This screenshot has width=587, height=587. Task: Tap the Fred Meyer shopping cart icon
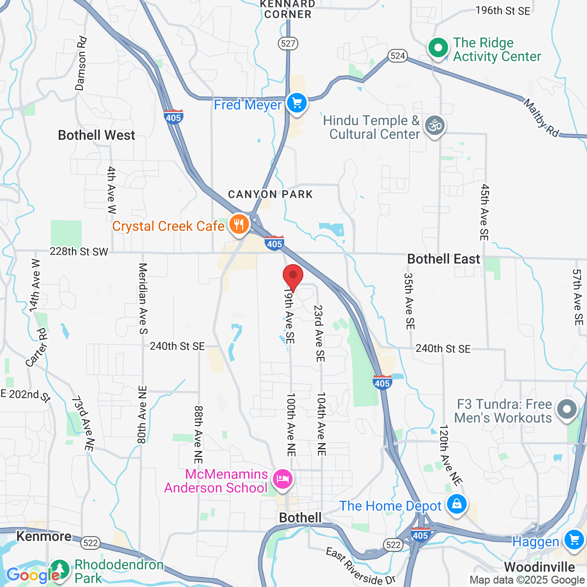(x=296, y=103)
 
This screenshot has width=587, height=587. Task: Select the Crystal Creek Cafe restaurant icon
(x=239, y=225)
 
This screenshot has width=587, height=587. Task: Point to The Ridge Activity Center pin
(x=438, y=48)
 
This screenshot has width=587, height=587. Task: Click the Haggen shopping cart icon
(x=573, y=540)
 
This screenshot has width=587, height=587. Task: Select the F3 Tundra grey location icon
(x=567, y=409)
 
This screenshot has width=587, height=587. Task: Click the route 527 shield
(x=288, y=44)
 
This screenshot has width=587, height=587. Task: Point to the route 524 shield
(x=398, y=56)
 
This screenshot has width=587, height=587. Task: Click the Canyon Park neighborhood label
(x=270, y=195)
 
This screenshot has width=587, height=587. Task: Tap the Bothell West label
(x=96, y=135)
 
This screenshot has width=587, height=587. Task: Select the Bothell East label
(x=444, y=259)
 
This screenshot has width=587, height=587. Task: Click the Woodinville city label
(x=539, y=567)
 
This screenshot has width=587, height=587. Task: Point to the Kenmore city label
(x=44, y=537)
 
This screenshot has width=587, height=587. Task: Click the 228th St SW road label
(x=79, y=252)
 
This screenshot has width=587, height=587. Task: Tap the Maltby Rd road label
(x=541, y=118)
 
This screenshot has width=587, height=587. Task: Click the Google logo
(x=33, y=575)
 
